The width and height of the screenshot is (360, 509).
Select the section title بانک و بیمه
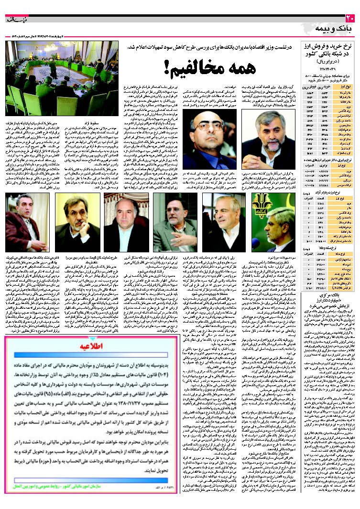[x=335, y=30]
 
